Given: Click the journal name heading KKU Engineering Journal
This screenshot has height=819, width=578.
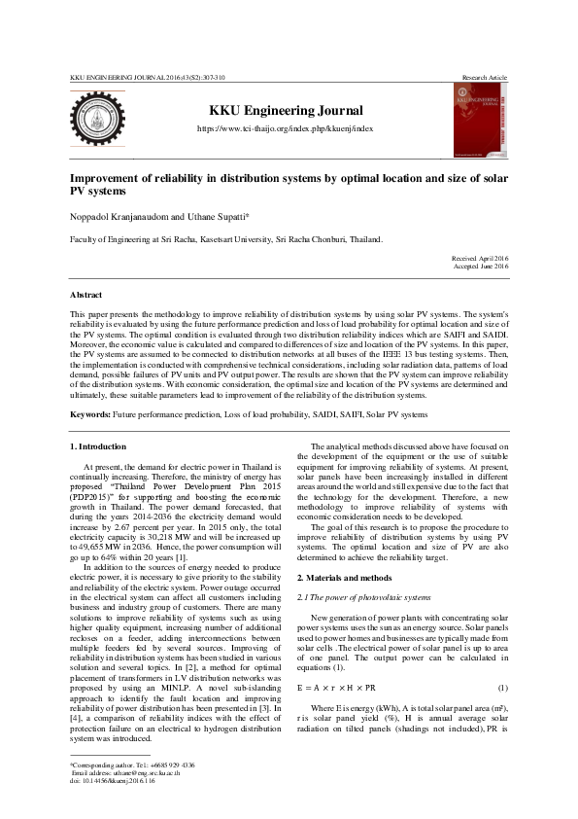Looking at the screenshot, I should coord(286,111).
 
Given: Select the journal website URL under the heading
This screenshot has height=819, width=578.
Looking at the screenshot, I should coord(286,128).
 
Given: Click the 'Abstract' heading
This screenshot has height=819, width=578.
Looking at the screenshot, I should coord(86,294).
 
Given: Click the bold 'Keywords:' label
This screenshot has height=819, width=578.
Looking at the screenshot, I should coord(90,414).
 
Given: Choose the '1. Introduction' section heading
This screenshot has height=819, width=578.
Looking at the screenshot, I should coord(98,446).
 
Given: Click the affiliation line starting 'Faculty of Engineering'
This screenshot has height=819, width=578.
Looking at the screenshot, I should coord(225,238).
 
